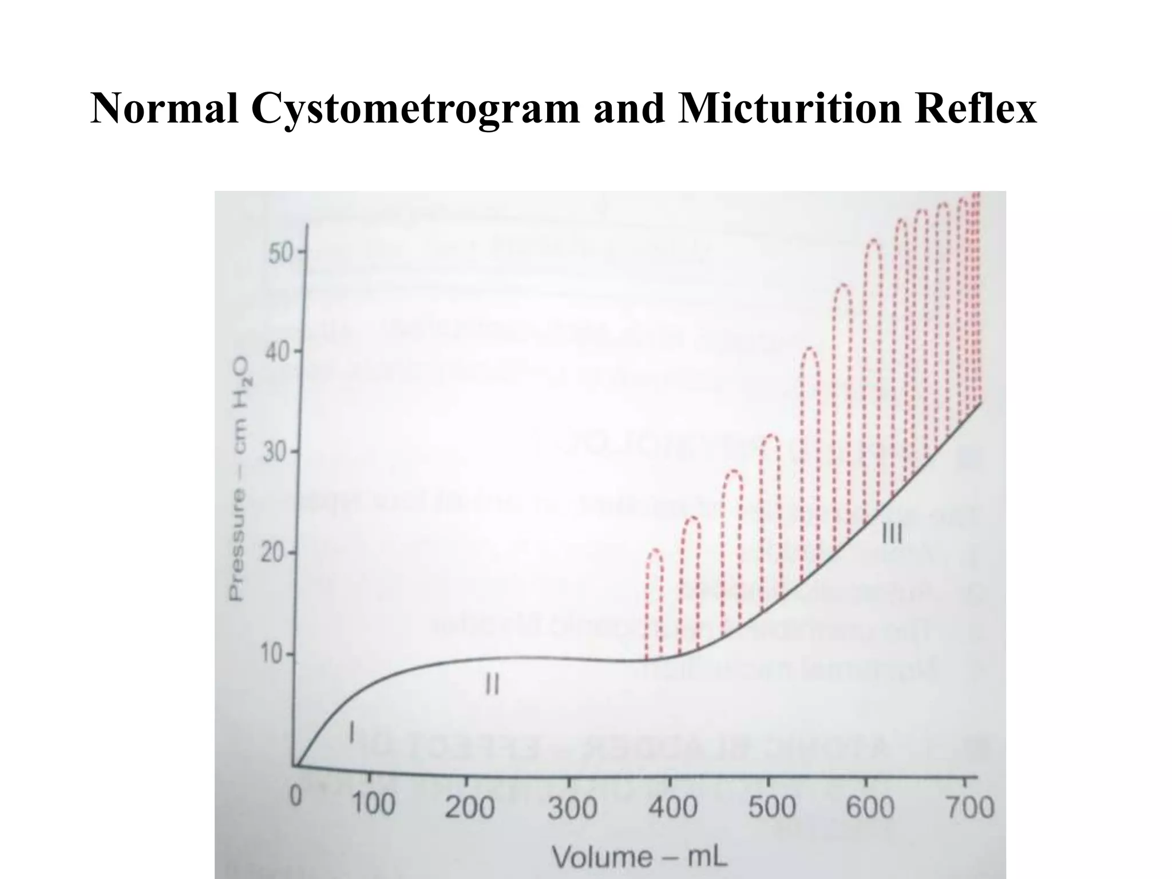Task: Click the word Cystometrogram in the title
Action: (x=415, y=109)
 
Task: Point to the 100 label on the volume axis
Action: (x=373, y=804)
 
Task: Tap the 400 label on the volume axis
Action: (x=672, y=807)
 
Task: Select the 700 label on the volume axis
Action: (x=969, y=807)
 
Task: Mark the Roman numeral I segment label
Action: (x=352, y=732)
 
